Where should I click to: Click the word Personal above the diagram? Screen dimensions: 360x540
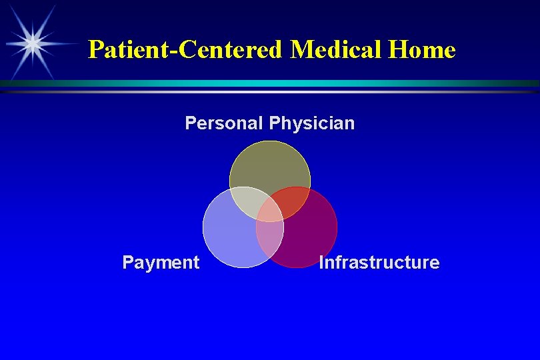[x=225, y=123]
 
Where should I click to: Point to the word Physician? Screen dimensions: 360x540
[x=312, y=123]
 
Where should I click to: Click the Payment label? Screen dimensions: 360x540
[x=161, y=263]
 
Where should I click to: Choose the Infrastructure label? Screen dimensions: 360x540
[x=379, y=263]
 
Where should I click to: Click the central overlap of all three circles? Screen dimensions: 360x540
[x=270, y=211]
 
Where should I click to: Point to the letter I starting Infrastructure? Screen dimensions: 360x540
[x=322, y=263]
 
